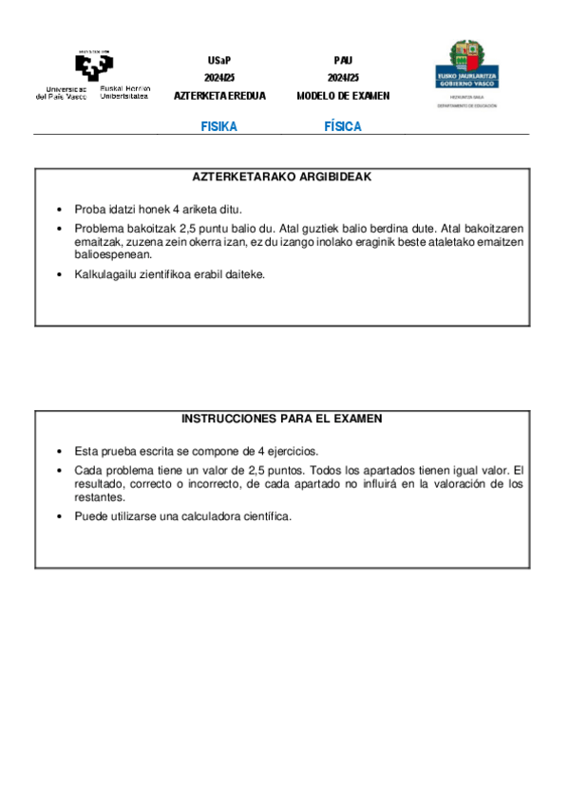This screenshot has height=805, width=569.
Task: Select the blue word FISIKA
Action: (218, 127)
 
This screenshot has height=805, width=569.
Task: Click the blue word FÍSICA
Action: (343, 127)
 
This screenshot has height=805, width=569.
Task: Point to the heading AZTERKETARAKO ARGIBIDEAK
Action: (282, 177)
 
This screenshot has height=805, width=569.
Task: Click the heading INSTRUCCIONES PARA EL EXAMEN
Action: (282, 419)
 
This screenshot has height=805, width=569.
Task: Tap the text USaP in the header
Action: (218, 60)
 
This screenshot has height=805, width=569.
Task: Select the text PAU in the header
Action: (343, 60)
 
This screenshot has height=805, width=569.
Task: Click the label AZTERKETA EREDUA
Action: (219, 96)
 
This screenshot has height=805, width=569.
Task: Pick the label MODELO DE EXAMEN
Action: (343, 96)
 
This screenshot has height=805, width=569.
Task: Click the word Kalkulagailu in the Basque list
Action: (106, 274)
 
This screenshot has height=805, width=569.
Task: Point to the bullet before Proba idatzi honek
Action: (60, 210)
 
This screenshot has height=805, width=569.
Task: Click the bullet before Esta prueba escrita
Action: (60, 452)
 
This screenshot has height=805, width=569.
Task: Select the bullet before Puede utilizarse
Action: (60, 516)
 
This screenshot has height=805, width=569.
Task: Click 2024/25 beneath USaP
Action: (218, 78)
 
